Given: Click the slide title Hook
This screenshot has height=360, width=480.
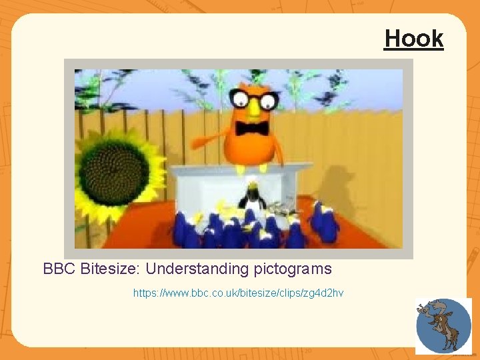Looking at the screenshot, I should click(x=413, y=39).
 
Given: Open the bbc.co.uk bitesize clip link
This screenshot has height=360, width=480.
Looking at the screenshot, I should click(x=238, y=293).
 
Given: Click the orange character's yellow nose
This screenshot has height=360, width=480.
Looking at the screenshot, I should click(x=254, y=110).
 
